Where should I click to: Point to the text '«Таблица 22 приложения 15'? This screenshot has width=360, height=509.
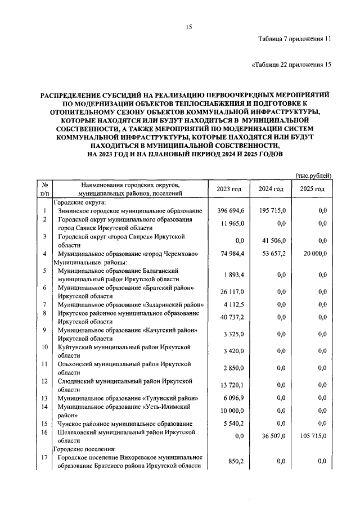tap(290, 65)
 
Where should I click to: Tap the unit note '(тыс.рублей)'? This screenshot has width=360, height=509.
tap(313, 176)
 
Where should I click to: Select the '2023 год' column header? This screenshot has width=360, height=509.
tap(228, 188)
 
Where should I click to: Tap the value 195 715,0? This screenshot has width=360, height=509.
tap(272, 210)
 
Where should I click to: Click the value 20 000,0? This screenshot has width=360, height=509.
tap(313, 254)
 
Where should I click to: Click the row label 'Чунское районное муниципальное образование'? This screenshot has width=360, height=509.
tap(125, 424)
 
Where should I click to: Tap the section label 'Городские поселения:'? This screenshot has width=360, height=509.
tap(84, 449)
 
